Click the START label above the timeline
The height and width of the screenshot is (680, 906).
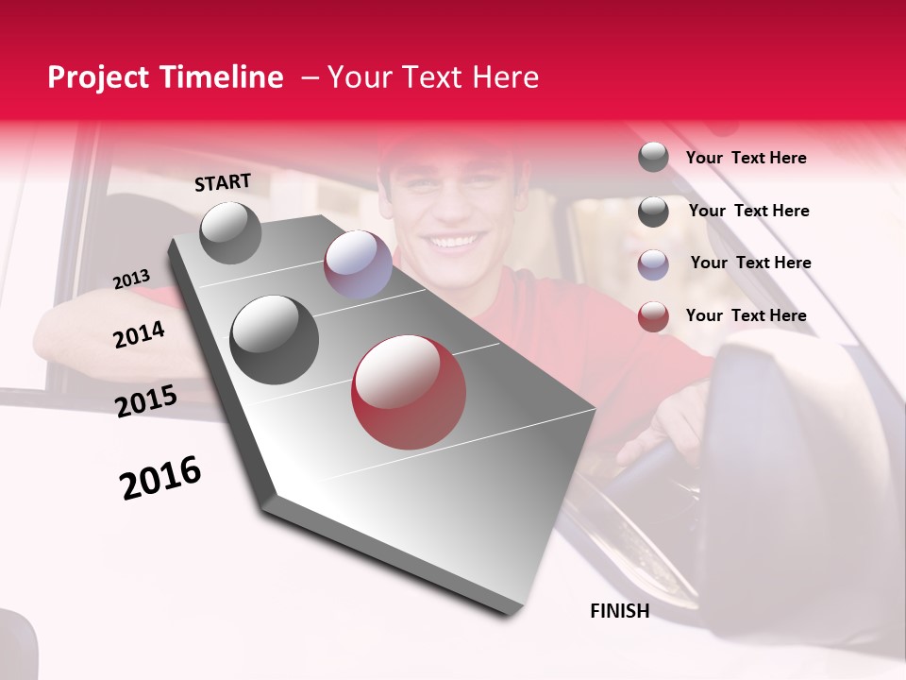223,182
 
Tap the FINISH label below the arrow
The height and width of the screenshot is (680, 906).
619,611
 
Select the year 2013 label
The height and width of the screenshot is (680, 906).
131,280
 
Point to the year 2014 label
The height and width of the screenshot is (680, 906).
139,335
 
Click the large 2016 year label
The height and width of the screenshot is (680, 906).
160,478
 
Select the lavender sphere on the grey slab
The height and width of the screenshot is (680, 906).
358,264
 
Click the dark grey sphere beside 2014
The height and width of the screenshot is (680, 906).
275,340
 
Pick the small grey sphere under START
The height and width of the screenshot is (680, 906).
231,232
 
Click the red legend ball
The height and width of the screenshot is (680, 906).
653,316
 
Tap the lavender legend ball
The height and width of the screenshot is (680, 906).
653,264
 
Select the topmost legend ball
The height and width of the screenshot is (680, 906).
653,157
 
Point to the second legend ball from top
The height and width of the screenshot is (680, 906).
653,212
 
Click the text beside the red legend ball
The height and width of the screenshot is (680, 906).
746,315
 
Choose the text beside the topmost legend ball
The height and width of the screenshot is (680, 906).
746,158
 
